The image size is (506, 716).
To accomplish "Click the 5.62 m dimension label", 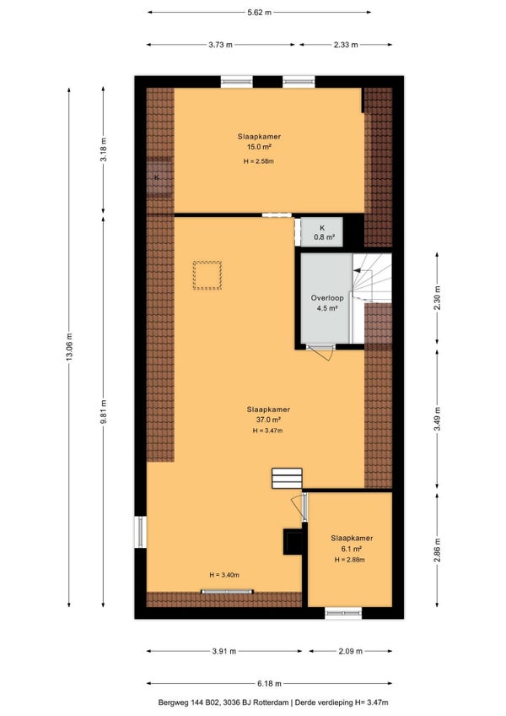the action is (259, 13).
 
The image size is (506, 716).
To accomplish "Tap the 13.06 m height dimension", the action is (69, 347).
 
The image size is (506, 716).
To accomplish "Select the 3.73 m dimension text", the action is (220, 45).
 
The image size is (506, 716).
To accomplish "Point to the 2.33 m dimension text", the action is (346, 45).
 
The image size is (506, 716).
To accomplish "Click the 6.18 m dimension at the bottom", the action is (269, 684).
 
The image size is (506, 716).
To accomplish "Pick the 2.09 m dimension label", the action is (351, 651).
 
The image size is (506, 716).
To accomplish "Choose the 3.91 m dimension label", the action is (224, 651).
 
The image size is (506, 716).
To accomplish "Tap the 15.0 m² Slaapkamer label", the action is (259, 142).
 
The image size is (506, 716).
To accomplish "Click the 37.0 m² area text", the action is (268, 420).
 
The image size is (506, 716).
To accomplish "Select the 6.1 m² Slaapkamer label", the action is (352, 544).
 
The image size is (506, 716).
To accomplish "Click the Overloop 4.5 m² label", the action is (327, 303).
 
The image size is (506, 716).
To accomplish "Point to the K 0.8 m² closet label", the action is (324, 232).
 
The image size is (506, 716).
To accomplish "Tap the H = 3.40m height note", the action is (224, 575).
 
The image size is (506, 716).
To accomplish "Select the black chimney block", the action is (293, 541).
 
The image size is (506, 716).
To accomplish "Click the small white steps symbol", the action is (287, 478).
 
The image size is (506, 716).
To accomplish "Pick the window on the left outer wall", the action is (140, 532).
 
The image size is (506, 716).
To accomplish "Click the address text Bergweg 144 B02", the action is (189, 702).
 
